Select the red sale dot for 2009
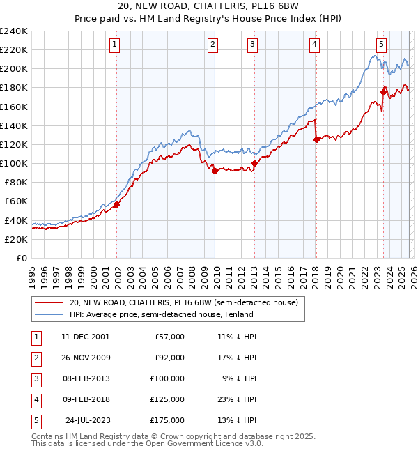point(215,171)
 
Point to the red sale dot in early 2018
point(316,139)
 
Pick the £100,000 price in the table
point(167,378)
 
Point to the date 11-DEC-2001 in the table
point(85,337)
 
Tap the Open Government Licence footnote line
point(148,443)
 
